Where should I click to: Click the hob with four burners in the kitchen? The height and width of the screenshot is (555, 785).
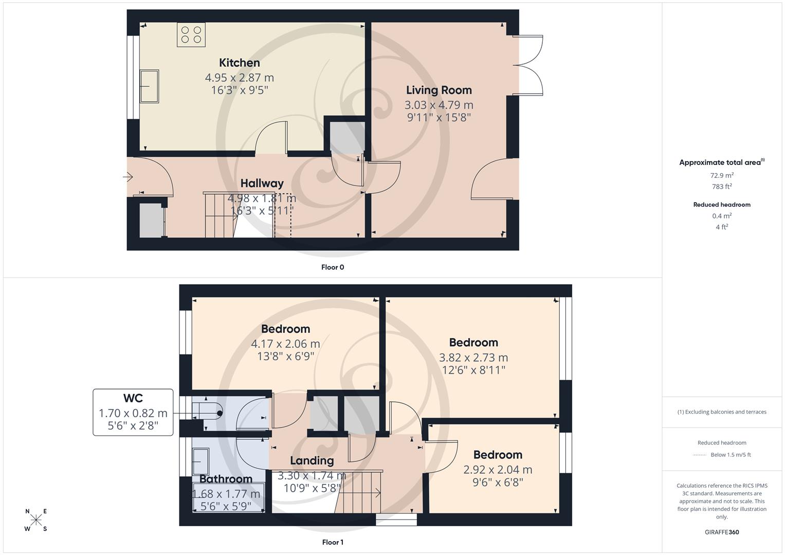[191, 34]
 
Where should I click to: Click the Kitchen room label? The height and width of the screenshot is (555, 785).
[239, 63]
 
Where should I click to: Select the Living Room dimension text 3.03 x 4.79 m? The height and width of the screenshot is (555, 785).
[439, 105]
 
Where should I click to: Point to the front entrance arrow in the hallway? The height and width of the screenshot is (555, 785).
[128, 177]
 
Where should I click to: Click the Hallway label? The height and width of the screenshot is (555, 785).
[262, 183]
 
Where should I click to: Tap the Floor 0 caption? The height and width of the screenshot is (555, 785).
[332, 267]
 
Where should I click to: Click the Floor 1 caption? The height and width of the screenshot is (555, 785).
[332, 542]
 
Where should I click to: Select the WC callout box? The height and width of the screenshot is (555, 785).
[133, 412]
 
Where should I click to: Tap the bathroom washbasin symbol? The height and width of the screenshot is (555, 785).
[201, 461]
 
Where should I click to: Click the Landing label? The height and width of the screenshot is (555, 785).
[312, 460]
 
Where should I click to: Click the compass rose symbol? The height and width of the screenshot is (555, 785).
[36, 520]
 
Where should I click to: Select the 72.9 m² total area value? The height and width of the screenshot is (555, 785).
[722, 175]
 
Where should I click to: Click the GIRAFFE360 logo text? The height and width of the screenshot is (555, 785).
[722, 532]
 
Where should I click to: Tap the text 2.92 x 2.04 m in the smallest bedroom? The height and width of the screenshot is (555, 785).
[498, 469]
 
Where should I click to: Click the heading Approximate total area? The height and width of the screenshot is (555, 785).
[720, 162]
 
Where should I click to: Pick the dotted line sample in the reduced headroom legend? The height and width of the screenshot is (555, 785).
[700, 455]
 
